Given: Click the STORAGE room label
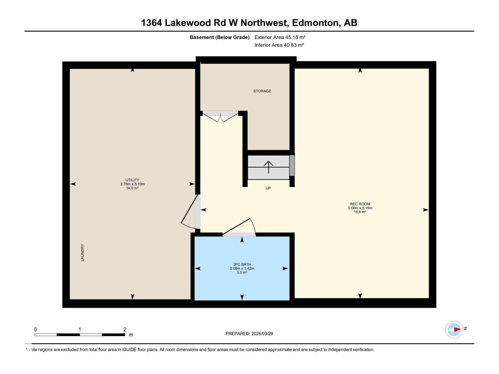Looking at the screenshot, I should tap(262, 91).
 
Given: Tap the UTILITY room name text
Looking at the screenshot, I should tap(132, 180).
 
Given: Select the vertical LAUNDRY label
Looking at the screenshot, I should tap(82, 252).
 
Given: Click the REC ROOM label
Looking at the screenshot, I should tap(360, 204).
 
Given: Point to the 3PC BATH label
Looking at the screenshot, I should tap(242, 264).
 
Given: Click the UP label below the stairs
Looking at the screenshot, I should tap(268, 188).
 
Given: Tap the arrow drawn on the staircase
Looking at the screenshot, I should tap(269, 167).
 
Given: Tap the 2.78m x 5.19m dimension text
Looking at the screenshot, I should tap(132, 184).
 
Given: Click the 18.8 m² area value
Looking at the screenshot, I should tap(360, 212).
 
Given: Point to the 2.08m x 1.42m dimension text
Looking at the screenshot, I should tap(242, 268).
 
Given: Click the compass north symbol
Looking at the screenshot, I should tap(454, 329).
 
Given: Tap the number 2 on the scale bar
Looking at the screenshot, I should tap(125, 329).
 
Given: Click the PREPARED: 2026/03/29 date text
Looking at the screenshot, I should tap(249, 333).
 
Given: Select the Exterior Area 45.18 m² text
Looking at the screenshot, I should tap(280, 37).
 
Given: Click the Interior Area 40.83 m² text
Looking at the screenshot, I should tap(279, 45).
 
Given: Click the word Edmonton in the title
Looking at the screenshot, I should tap(316, 23).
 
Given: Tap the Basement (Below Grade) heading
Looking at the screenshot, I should tap(220, 37).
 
